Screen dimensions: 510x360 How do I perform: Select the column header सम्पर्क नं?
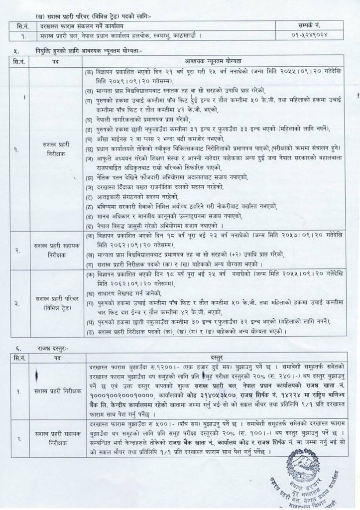coord(314,25)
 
